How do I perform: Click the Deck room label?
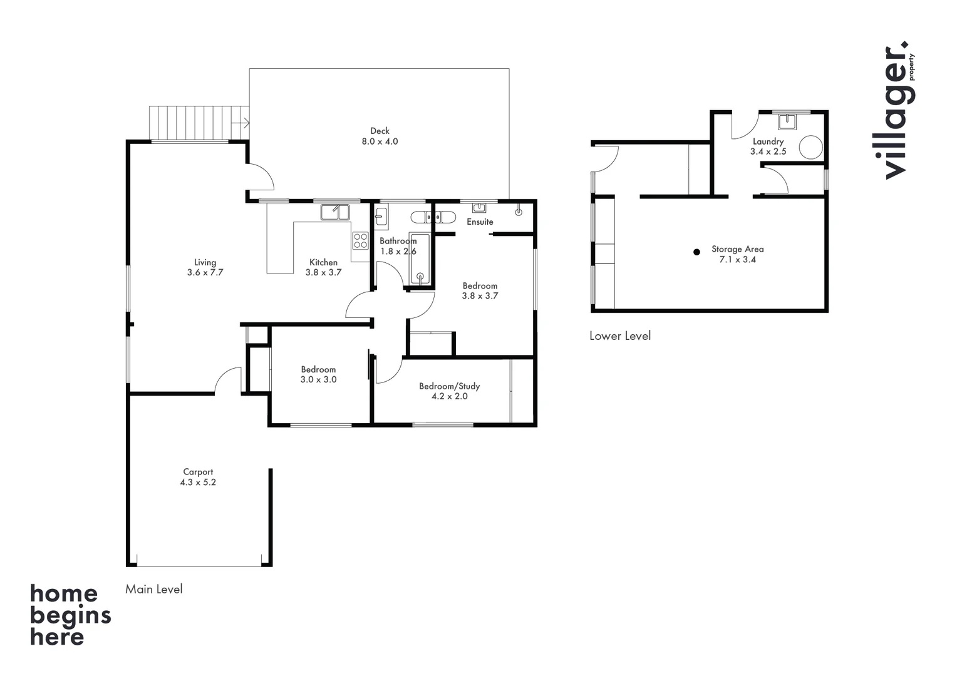(x=380, y=131)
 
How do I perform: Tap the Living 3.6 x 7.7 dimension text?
(x=205, y=272)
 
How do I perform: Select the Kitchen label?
(x=323, y=262)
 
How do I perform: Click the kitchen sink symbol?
(x=335, y=212)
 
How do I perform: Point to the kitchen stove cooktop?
(x=360, y=241)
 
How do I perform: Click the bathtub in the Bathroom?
(x=420, y=260)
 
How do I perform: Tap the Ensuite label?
(x=480, y=222)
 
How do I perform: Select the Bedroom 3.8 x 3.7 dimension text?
(x=480, y=295)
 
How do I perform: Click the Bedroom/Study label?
(x=449, y=386)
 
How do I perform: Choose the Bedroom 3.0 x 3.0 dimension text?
(x=318, y=379)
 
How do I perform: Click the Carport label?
(x=198, y=472)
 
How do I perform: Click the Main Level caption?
(x=153, y=589)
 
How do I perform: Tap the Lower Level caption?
(x=619, y=335)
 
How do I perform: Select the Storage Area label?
(x=737, y=249)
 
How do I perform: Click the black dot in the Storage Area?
(x=696, y=252)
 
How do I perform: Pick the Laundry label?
(x=768, y=141)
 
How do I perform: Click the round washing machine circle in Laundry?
(x=810, y=147)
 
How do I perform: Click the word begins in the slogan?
(x=70, y=617)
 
